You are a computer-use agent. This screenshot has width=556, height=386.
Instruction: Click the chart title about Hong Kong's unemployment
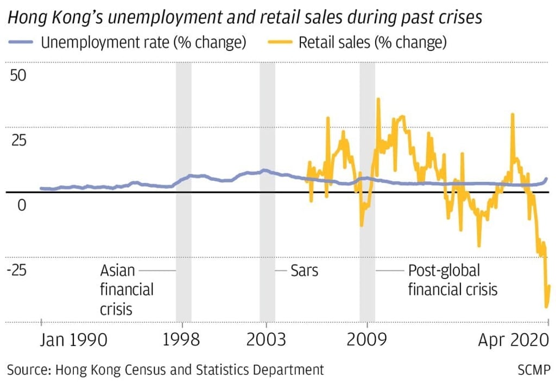[244, 17]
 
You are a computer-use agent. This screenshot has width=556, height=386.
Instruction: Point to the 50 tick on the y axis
[18, 75]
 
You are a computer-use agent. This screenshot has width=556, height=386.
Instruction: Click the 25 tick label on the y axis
[18, 140]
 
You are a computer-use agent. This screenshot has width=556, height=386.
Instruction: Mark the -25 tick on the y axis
[16, 270]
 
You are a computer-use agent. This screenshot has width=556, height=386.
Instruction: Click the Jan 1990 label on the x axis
[73, 340]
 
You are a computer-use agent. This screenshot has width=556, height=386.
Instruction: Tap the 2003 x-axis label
[266, 340]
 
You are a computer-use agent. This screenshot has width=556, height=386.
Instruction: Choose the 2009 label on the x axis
[368, 340]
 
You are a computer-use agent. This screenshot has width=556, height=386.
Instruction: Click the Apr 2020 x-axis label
[514, 340]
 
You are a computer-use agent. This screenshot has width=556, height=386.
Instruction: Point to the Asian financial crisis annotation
[126, 289]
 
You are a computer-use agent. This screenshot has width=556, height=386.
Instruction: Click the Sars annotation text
[304, 270]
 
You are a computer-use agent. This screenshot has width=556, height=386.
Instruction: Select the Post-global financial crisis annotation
[452, 280]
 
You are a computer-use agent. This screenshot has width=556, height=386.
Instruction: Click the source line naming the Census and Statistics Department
[165, 370]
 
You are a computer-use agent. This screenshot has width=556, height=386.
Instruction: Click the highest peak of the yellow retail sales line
[378, 99]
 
